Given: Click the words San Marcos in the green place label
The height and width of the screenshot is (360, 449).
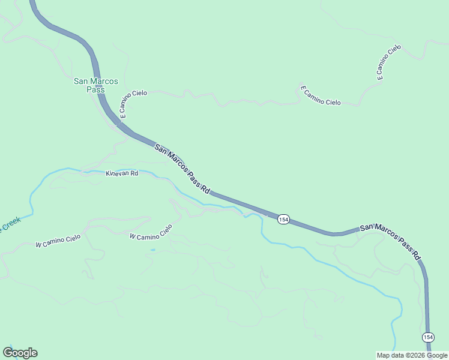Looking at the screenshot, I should point(95,82).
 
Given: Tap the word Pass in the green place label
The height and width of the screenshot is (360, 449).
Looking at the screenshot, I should point(95,90).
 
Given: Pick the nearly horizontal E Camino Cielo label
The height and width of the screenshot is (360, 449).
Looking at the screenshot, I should point(321,96).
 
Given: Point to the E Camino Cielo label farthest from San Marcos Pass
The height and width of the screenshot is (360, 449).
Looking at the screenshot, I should point(388,62).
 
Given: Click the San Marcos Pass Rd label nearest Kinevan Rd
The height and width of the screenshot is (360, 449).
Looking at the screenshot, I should point(181,169).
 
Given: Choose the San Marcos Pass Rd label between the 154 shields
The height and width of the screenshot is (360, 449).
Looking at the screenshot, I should point(391,241).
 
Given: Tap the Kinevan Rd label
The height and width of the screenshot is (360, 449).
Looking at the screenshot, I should point(122,173).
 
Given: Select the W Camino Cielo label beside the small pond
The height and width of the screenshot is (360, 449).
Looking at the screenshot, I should point(151,232).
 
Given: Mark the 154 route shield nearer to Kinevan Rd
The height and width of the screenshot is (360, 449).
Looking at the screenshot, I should point(284,220).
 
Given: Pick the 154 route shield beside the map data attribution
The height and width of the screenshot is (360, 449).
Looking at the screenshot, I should point(427,337).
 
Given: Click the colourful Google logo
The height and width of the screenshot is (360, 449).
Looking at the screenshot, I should point(20,353).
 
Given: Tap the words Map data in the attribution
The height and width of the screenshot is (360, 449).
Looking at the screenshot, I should point(390,355).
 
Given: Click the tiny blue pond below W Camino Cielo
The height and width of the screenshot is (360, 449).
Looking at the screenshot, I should point(153,250).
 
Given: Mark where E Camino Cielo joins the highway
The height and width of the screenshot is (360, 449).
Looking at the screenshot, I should point(119,124).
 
